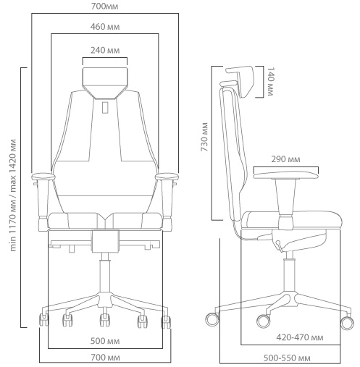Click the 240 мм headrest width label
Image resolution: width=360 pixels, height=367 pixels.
105,51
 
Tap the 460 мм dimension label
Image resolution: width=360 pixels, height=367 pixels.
105,27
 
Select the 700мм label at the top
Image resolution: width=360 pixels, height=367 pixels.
105,7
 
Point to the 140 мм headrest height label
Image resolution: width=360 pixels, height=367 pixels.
270,82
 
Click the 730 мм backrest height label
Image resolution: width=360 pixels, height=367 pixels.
204,137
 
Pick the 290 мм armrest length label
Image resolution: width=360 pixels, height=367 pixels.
285,159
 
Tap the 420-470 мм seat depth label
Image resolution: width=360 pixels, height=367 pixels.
300,337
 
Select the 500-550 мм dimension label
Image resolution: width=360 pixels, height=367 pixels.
287,358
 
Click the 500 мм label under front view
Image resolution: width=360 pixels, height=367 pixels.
105,341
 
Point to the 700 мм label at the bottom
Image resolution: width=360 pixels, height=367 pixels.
105,358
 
